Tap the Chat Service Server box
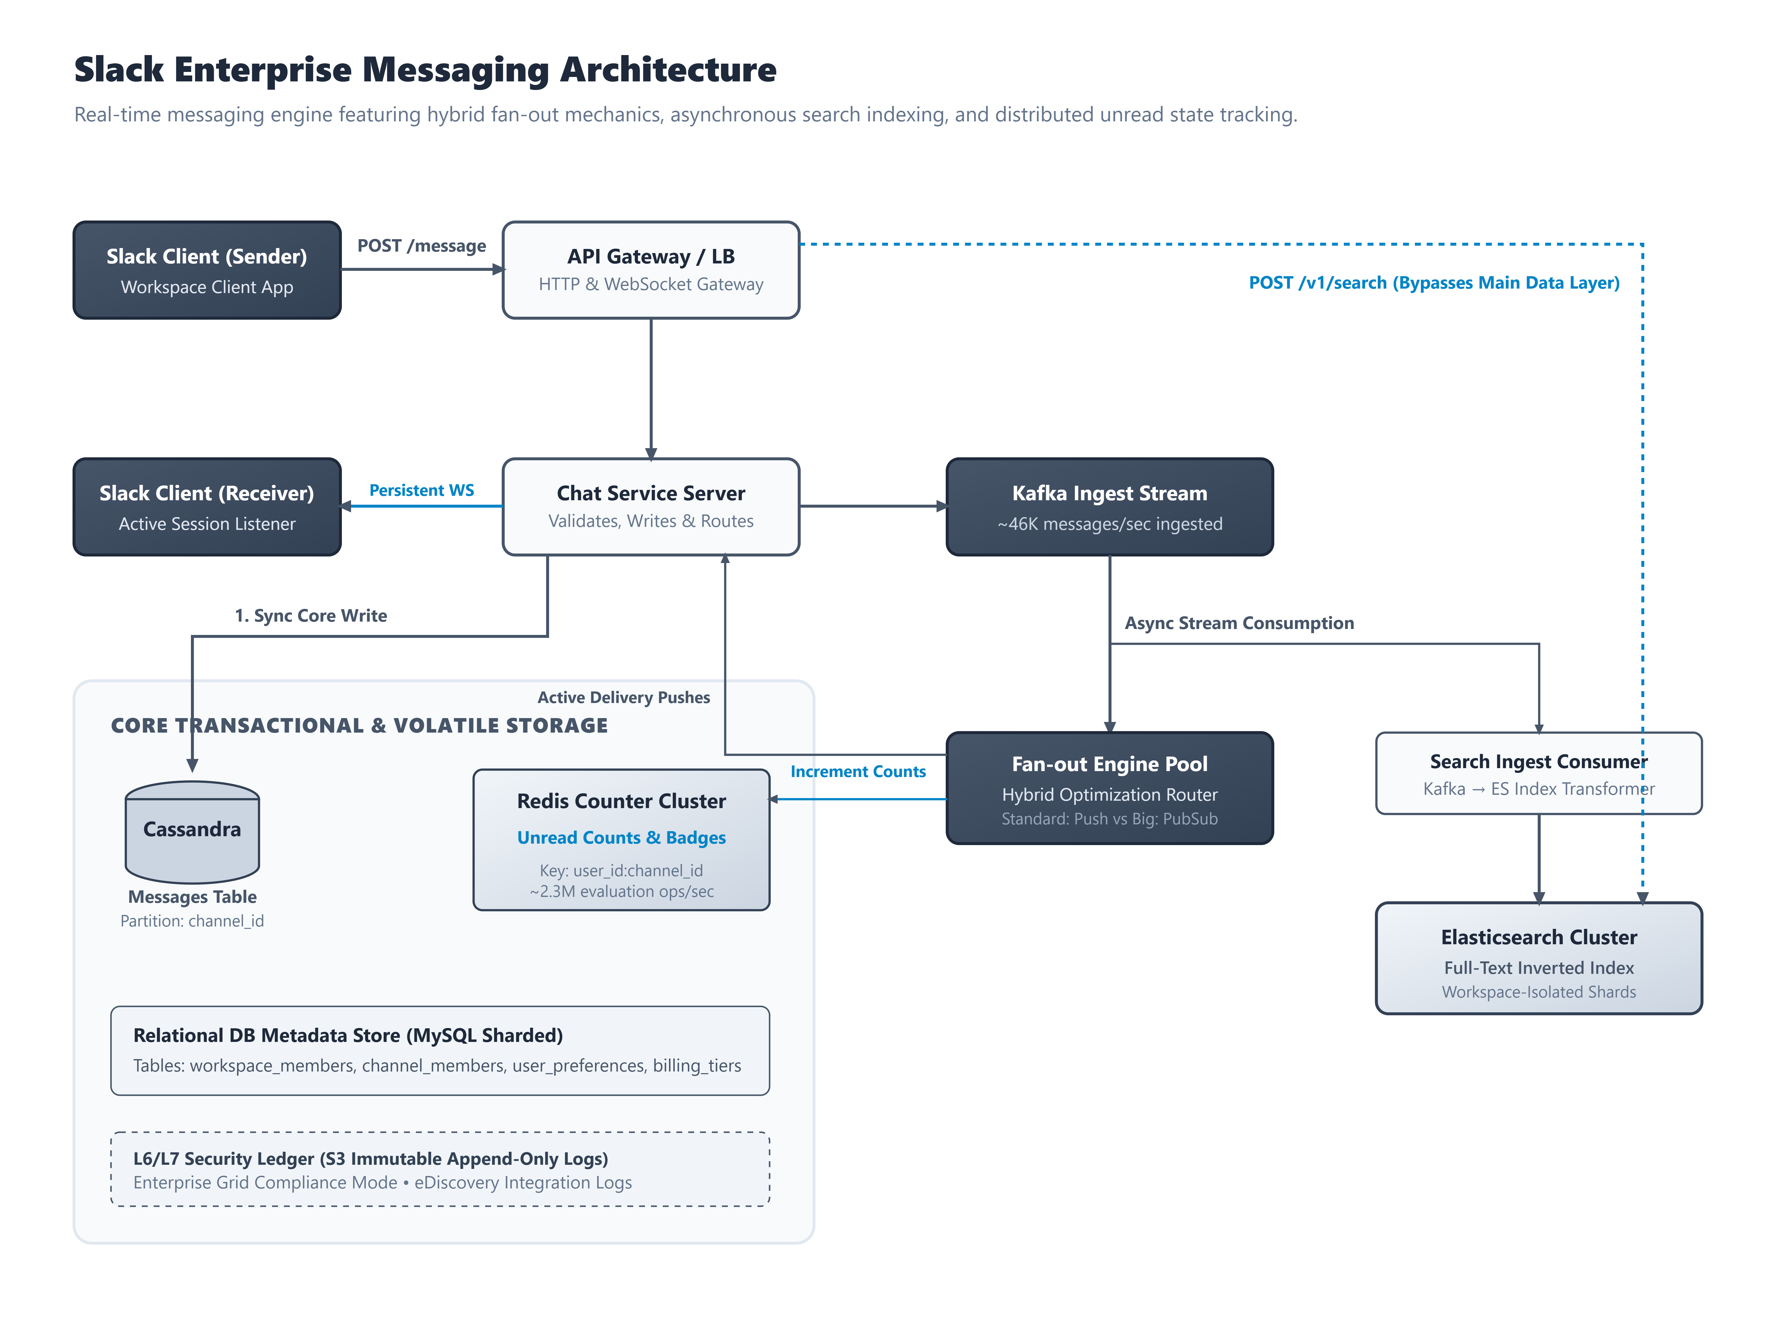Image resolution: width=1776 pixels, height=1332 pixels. (x=651, y=507)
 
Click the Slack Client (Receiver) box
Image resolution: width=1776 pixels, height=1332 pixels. (x=207, y=507)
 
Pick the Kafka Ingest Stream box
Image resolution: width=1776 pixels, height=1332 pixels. (x=1110, y=507)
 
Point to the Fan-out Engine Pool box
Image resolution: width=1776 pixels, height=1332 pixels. (x=1110, y=788)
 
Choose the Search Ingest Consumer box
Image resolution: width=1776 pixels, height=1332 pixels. (x=1538, y=773)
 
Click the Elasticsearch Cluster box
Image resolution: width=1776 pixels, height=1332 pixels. (x=1538, y=958)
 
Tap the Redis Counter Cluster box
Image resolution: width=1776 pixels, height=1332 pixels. (x=621, y=840)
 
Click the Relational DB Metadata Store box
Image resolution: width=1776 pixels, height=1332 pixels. (x=440, y=1050)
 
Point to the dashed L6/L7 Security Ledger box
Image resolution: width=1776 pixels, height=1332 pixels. (x=440, y=1169)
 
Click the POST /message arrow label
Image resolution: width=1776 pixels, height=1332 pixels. (x=422, y=246)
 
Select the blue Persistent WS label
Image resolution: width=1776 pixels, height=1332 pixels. (x=422, y=490)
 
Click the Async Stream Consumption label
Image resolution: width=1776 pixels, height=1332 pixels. (x=1239, y=623)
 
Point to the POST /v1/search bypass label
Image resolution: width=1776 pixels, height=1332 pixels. (x=1434, y=283)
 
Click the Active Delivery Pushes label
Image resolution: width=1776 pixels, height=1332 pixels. (x=624, y=697)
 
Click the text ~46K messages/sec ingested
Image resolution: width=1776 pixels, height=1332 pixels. (x=1110, y=524)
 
